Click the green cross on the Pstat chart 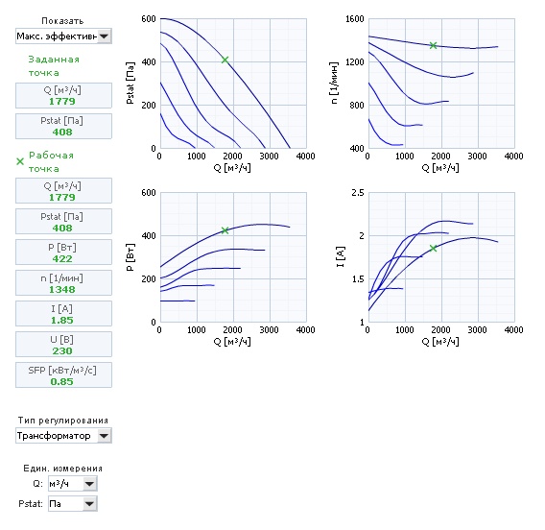(225, 60)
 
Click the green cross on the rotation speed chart (433, 45)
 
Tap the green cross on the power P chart (225, 230)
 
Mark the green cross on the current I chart (433, 248)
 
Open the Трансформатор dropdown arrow (104, 436)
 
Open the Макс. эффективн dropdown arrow (104, 36)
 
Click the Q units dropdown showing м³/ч (73, 483)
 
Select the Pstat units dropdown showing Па (73, 503)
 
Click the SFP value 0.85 (61, 381)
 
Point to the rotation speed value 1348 (61, 289)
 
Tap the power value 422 (62, 258)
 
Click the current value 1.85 (61, 320)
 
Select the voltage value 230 (62, 350)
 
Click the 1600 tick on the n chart (354, 19)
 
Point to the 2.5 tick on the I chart (358, 193)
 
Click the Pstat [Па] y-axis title (130, 84)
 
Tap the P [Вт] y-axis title (130, 257)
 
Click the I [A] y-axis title (341, 257)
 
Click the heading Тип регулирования (63, 421)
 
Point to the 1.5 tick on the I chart (358, 279)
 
